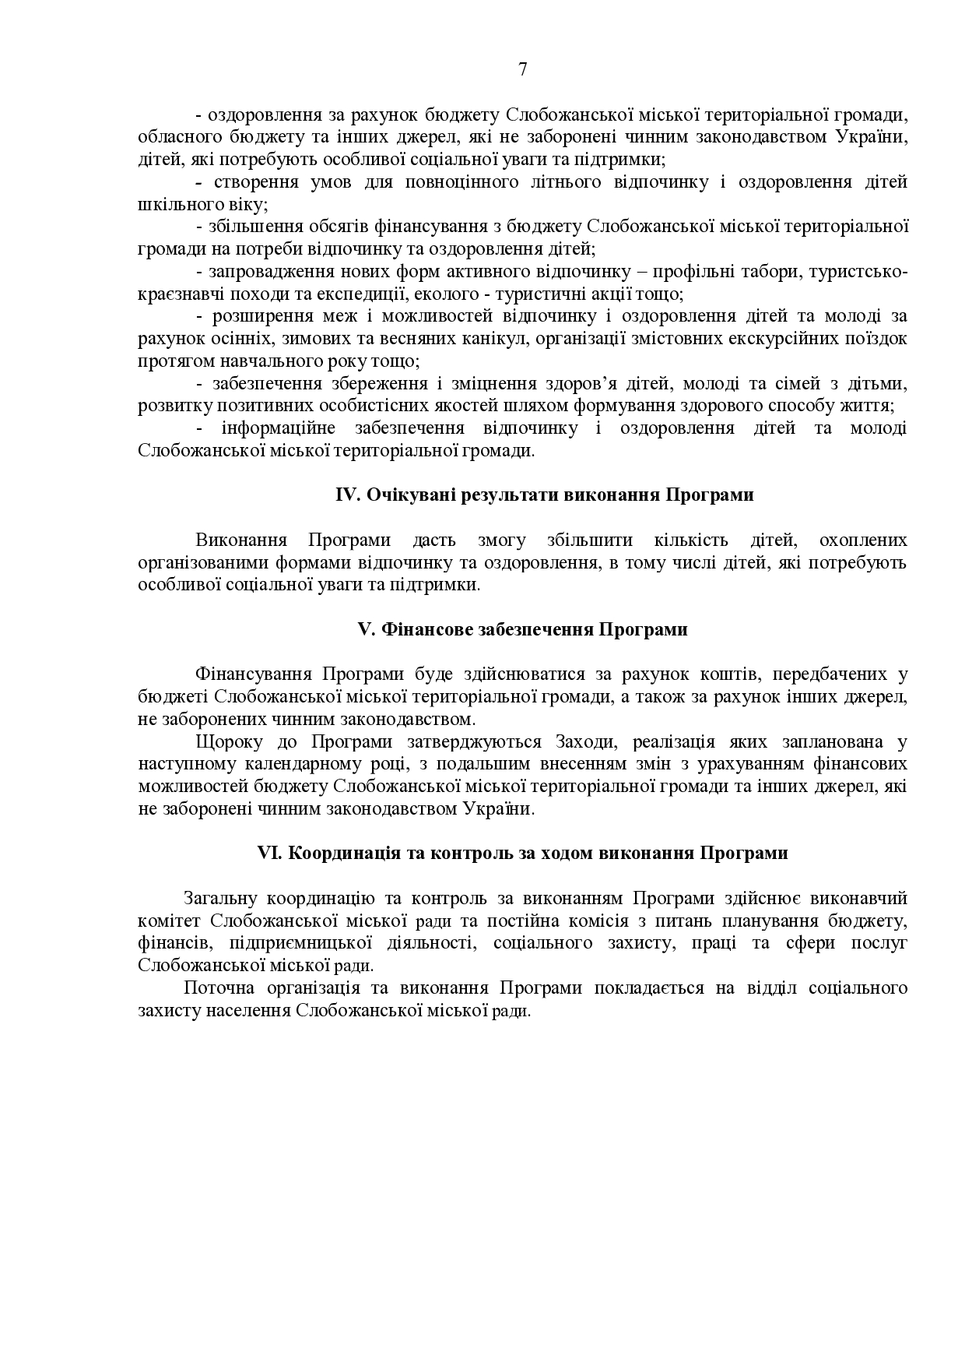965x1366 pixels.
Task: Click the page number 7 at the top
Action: tap(522, 69)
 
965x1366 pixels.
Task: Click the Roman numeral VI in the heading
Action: tap(268, 854)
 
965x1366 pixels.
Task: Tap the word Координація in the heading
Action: tap(340, 854)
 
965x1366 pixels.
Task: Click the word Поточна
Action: tap(217, 989)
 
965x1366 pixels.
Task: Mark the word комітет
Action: tap(168, 921)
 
